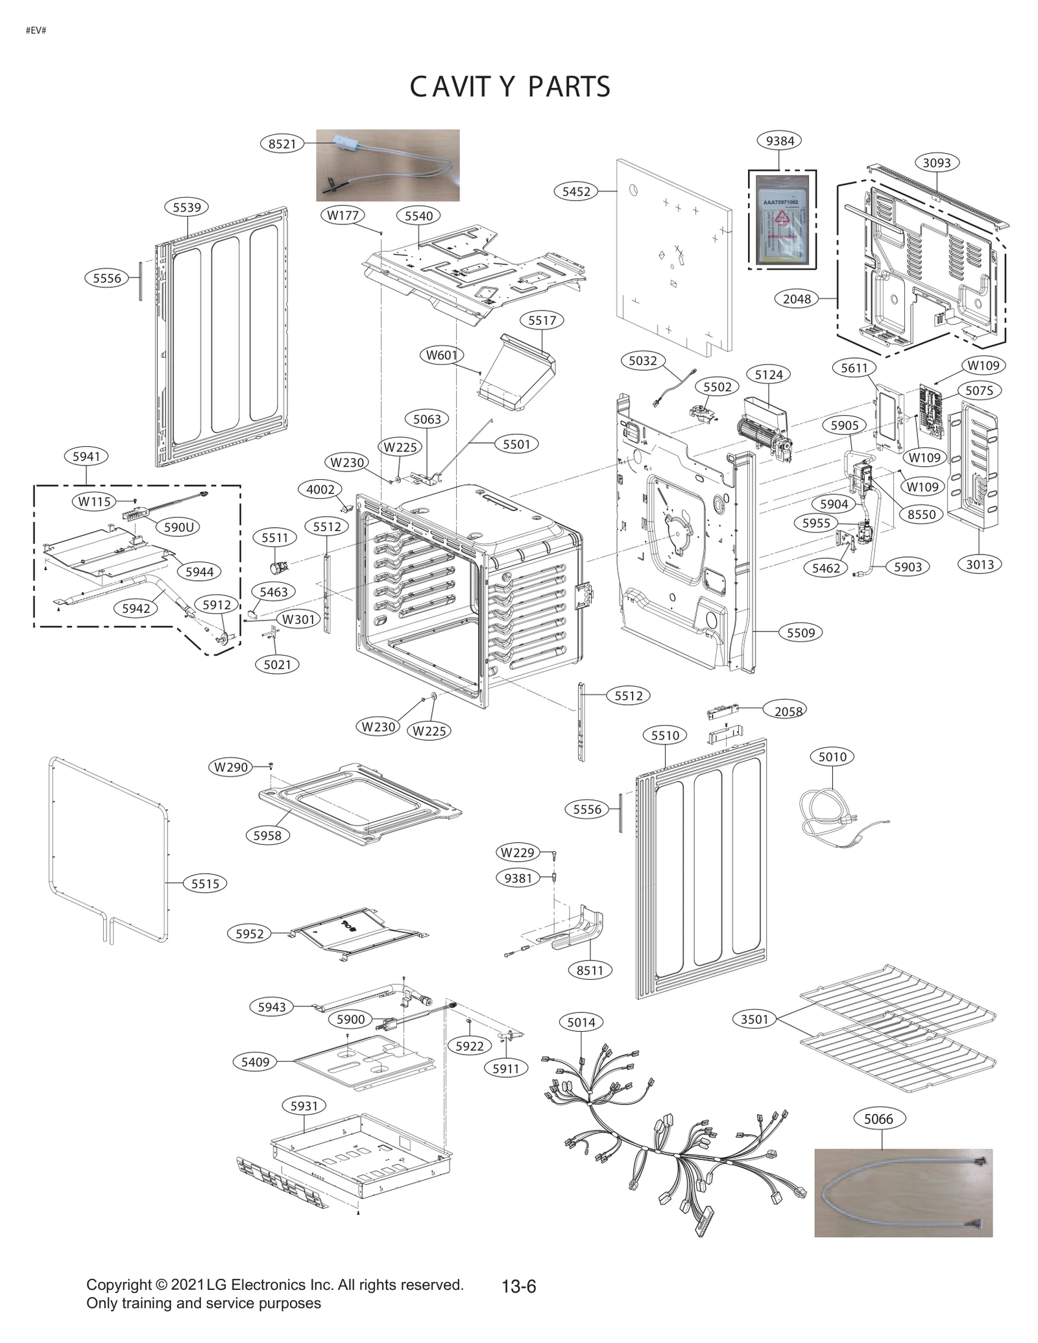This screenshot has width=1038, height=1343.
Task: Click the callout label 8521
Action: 282,144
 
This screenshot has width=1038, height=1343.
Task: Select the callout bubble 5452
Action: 576,191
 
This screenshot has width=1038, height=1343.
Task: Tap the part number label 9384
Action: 779,141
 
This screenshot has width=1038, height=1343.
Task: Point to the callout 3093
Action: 937,163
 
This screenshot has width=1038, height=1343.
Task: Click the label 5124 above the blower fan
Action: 769,375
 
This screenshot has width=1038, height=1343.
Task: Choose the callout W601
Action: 441,355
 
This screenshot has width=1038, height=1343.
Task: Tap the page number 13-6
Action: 518,1286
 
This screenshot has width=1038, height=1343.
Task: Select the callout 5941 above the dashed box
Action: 86,457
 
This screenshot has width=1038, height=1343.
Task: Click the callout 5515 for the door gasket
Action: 205,884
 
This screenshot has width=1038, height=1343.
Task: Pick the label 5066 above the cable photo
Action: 878,1119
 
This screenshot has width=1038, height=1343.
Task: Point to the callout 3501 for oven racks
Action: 754,1019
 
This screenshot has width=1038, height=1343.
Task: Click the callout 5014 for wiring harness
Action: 581,1023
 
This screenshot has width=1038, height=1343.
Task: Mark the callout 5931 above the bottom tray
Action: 304,1106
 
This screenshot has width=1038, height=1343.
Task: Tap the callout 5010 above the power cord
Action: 832,757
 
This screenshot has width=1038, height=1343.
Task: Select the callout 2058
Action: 788,711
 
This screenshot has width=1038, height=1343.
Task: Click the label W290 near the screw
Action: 231,767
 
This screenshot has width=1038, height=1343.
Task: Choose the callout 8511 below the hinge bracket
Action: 590,970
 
